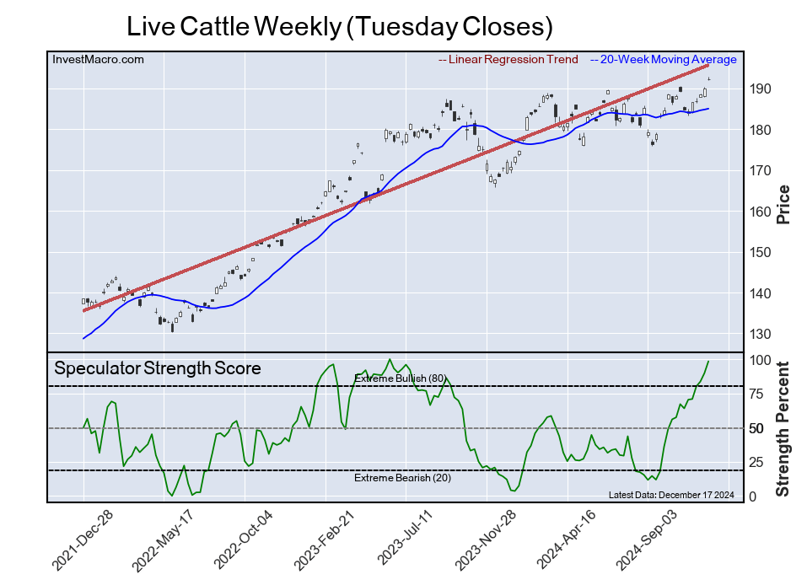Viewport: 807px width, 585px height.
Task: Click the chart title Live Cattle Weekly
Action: (339, 26)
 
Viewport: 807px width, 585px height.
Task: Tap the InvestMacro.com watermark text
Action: (98, 59)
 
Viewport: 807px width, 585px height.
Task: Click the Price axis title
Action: (783, 204)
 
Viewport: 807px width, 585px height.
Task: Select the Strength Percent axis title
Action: (783, 428)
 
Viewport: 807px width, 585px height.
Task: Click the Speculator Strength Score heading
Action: (158, 368)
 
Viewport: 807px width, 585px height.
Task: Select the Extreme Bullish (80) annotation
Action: (399, 378)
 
